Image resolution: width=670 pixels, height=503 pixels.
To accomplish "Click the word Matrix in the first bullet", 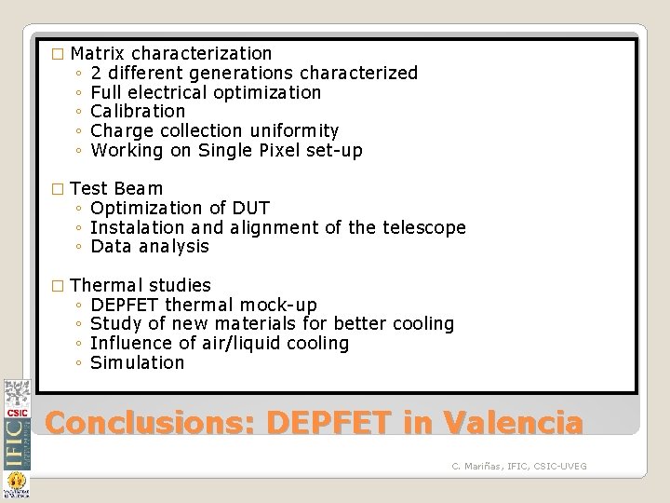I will point(98,53).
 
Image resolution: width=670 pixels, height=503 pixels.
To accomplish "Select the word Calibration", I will point(139,112).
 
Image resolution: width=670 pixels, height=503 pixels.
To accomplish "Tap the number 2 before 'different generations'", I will point(98,73).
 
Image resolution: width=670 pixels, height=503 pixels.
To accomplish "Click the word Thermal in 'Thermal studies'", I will point(106,286).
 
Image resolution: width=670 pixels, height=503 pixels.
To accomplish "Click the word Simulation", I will point(138,363).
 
